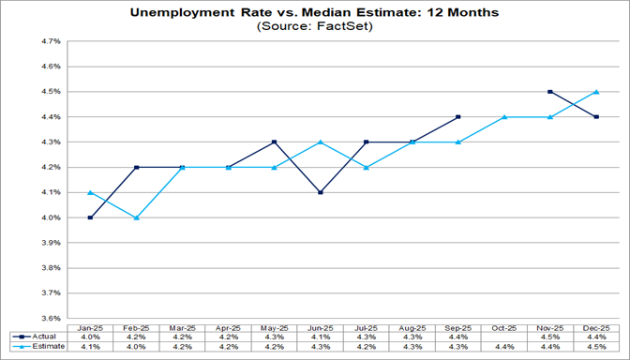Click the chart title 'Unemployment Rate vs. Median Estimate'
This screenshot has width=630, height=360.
click(x=314, y=13)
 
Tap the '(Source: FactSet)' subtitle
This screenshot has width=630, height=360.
click(x=314, y=28)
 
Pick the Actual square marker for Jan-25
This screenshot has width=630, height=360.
click(x=91, y=217)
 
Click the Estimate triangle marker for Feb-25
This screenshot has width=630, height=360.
click(x=137, y=217)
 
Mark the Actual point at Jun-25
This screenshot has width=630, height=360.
click(x=321, y=192)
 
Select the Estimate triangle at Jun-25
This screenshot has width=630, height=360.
click(x=321, y=142)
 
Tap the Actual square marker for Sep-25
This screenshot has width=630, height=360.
click(x=457, y=117)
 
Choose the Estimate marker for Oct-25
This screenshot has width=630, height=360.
click(x=503, y=117)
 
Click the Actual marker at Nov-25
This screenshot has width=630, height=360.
click(x=549, y=92)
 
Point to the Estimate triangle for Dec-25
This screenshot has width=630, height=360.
click(x=595, y=92)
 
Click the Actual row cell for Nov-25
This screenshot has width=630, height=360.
click(x=549, y=335)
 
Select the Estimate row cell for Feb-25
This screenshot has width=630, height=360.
click(x=137, y=346)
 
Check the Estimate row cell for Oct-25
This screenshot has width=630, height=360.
click(x=503, y=346)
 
